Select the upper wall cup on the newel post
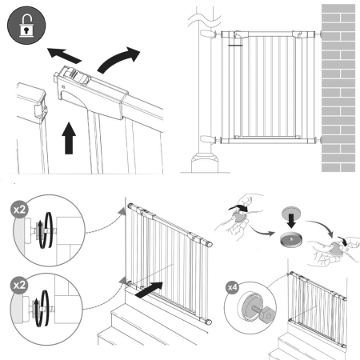(206, 36)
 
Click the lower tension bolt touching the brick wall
(317, 140)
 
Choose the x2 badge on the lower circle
(17, 284)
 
